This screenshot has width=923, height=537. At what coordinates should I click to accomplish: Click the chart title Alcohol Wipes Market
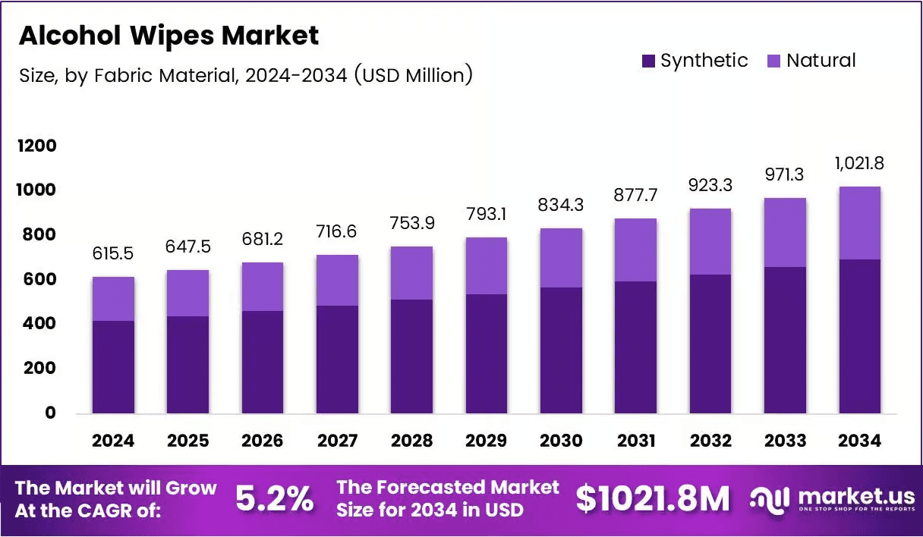(x=169, y=36)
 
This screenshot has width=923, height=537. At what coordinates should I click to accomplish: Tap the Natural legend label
(x=821, y=61)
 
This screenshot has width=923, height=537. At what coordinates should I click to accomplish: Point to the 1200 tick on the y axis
(x=37, y=146)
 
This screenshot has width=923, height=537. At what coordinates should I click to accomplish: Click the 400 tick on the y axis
(x=37, y=324)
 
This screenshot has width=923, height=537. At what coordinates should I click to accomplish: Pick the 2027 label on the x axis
(x=337, y=441)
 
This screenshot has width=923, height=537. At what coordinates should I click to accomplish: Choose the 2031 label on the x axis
(x=635, y=441)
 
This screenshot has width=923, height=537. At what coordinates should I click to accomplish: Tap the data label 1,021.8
(x=859, y=164)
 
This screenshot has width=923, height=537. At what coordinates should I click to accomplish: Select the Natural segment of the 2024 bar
(x=114, y=299)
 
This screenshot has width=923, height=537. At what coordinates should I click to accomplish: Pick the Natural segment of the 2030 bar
(x=561, y=258)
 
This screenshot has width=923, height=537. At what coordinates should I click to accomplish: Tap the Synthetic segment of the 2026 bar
(x=263, y=362)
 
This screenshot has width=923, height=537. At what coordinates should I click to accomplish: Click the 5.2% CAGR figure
(x=274, y=498)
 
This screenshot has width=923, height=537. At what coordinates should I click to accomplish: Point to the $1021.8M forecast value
(x=652, y=498)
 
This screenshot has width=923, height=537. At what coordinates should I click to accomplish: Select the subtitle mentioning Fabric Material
(x=246, y=76)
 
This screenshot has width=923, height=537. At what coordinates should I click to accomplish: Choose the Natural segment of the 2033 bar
(x=785, y=232)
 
